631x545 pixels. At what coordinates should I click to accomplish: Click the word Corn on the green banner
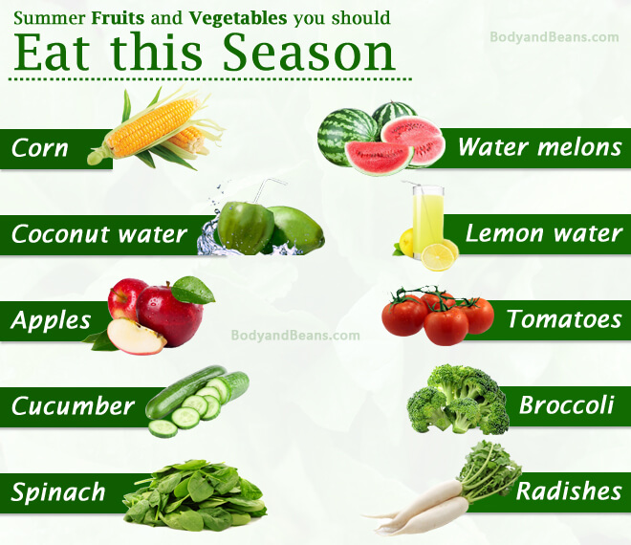point(40,148)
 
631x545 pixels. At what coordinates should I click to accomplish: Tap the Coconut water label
point(99,234)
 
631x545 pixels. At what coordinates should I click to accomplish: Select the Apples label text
point(51,321)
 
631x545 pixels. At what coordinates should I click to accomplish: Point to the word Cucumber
point(73,405)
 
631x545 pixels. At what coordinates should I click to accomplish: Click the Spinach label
point(58,492)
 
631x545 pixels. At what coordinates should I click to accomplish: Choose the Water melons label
point(539,146)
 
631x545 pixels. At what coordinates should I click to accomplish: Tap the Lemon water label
point(543,233)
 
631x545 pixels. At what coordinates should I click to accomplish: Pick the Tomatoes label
point(564,319)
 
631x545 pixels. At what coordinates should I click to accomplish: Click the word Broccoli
point(567,405)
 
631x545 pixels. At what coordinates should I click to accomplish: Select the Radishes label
point(569,491)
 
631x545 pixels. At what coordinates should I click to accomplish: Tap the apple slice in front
point(137,337)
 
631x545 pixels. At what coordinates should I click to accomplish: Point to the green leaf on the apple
point(193,290)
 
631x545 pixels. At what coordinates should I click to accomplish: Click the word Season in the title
point(309,53)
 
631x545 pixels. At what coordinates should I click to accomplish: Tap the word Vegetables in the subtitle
point(238,18)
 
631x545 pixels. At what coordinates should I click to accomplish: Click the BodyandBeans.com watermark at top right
point(555,37)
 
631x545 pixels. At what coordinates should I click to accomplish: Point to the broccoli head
point(458,400)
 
